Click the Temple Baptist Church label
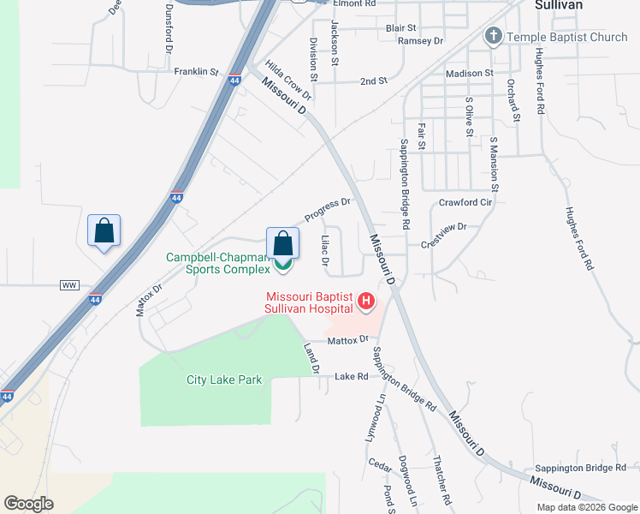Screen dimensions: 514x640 [566, 37]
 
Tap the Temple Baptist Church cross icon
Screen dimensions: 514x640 [493, 37]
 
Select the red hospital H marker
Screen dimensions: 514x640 [366, 301]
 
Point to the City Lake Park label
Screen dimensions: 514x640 [224, 380]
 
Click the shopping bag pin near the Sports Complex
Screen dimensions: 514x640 [283, 244]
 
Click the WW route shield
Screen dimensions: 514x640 [69, 284]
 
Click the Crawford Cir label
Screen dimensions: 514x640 [465, 203]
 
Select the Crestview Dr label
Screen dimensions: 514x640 [443, 236]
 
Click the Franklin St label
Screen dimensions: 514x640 [196, 72]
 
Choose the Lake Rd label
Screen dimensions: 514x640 [351, 376]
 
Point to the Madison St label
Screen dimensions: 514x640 [470, 74]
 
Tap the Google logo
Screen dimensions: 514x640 [28, 504]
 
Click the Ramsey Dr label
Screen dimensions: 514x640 [420, 40]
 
